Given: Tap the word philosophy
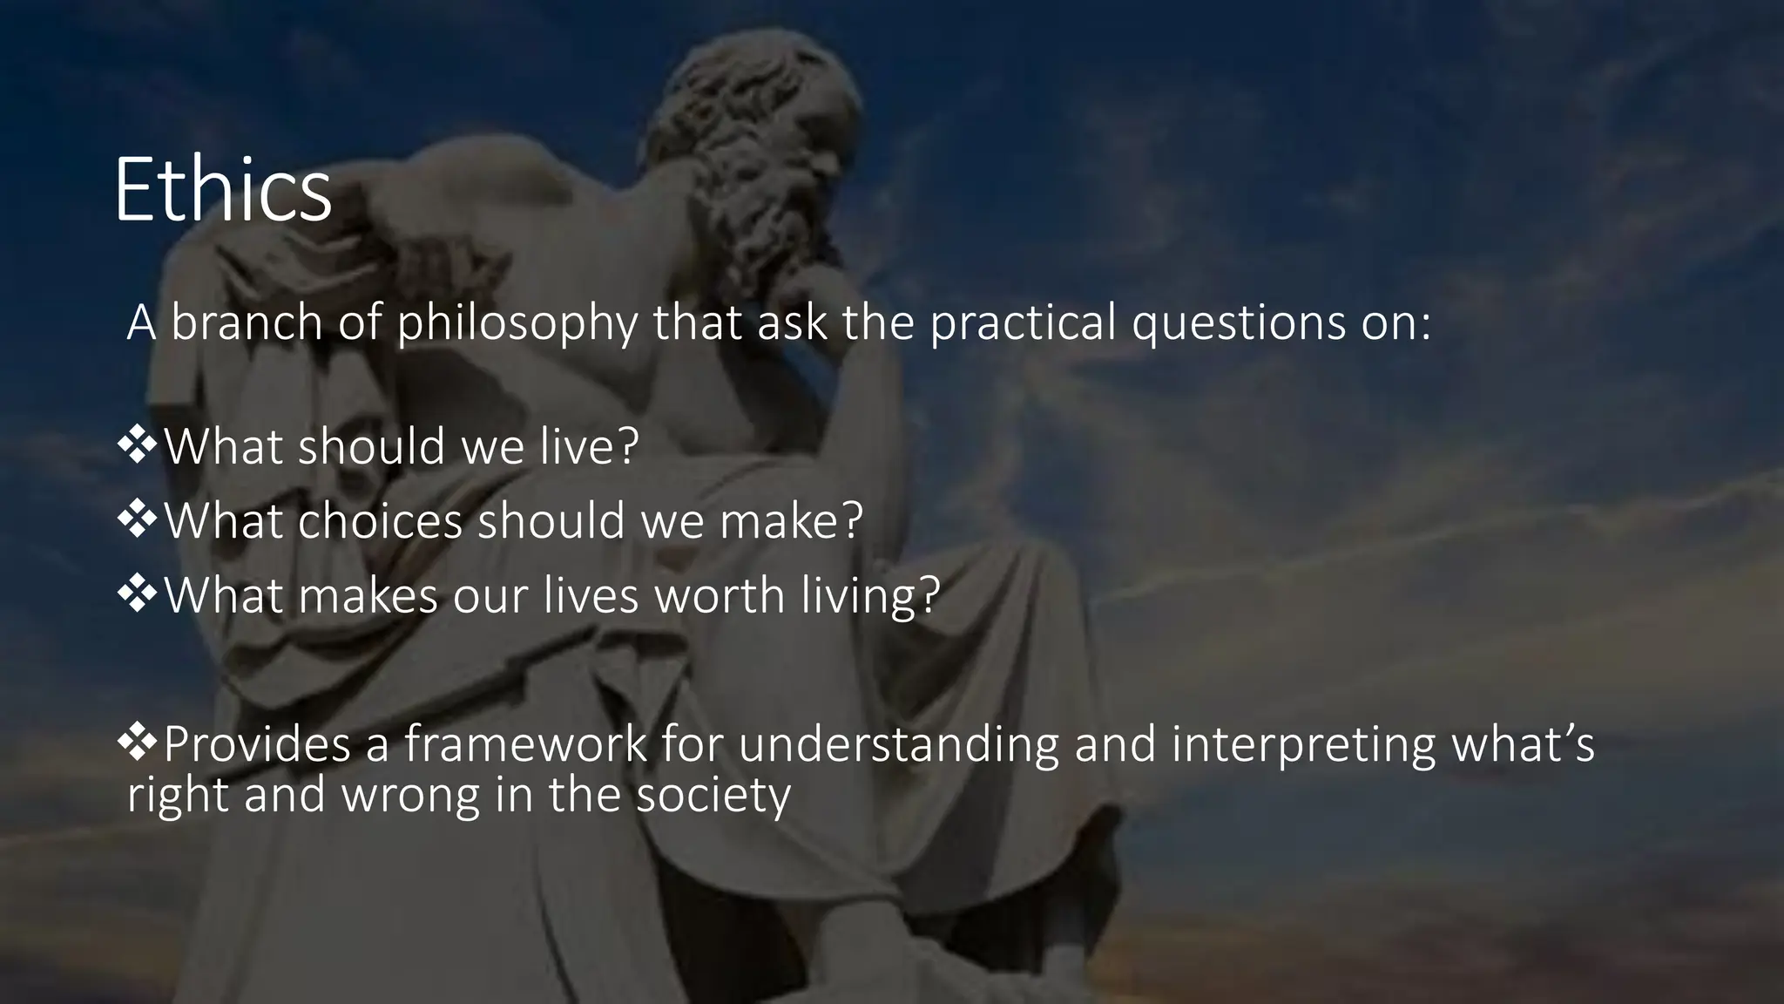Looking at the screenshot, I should (517, 324).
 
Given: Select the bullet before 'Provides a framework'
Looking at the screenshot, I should (138, 743).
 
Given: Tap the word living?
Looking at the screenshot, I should (870, 597).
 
